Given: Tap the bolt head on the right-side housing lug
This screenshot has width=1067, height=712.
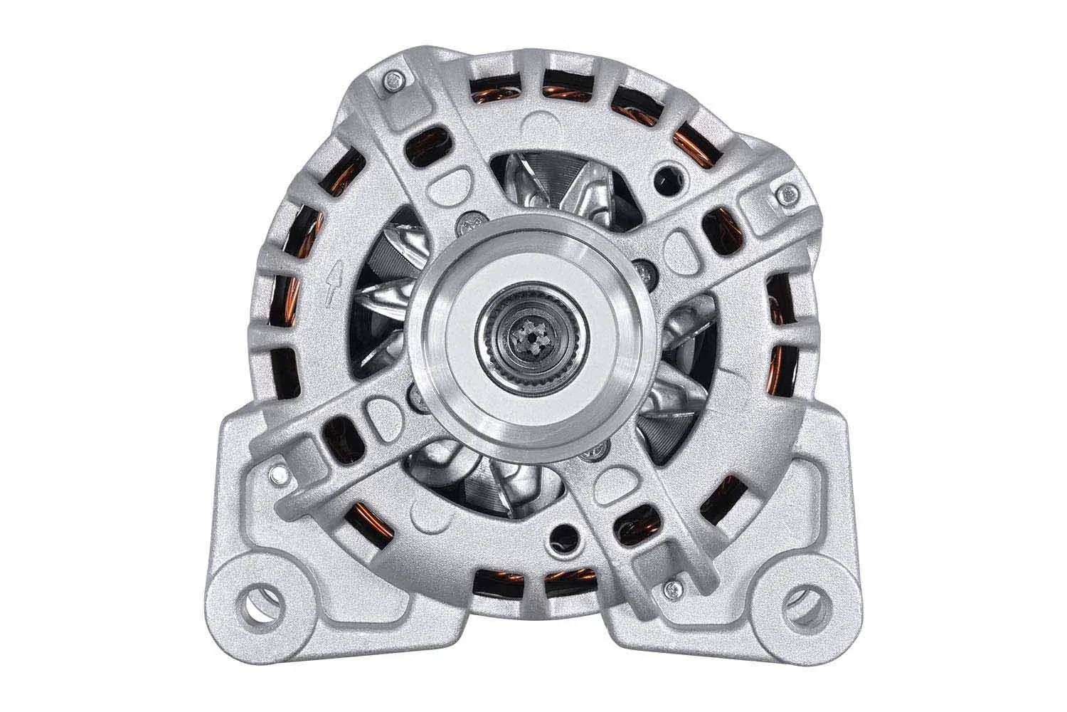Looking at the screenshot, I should (787, 192).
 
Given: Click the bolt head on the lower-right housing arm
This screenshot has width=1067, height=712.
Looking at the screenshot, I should (669, 588).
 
